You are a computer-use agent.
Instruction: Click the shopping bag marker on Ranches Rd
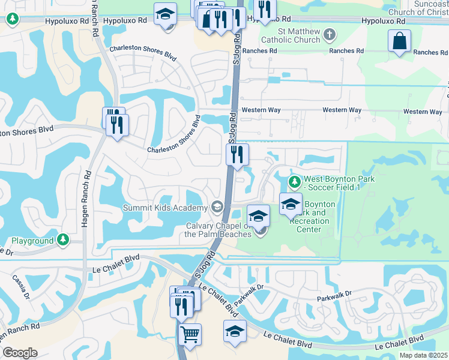point(399,42)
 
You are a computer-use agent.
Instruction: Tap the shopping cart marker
point(190,334)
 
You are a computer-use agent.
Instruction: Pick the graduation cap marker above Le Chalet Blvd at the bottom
point(235,331)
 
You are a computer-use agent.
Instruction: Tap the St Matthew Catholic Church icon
point(329,35)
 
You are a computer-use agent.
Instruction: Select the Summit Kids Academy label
point(164,208)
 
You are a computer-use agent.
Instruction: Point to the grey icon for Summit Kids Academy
point(216,207)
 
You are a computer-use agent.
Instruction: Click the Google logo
point(20,353)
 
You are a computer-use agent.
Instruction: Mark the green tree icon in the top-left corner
point(12,19)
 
